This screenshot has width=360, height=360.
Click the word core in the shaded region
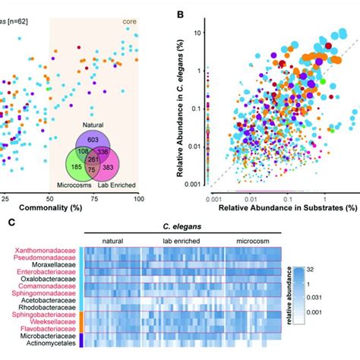pyautogui.click(x=131, y=14)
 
